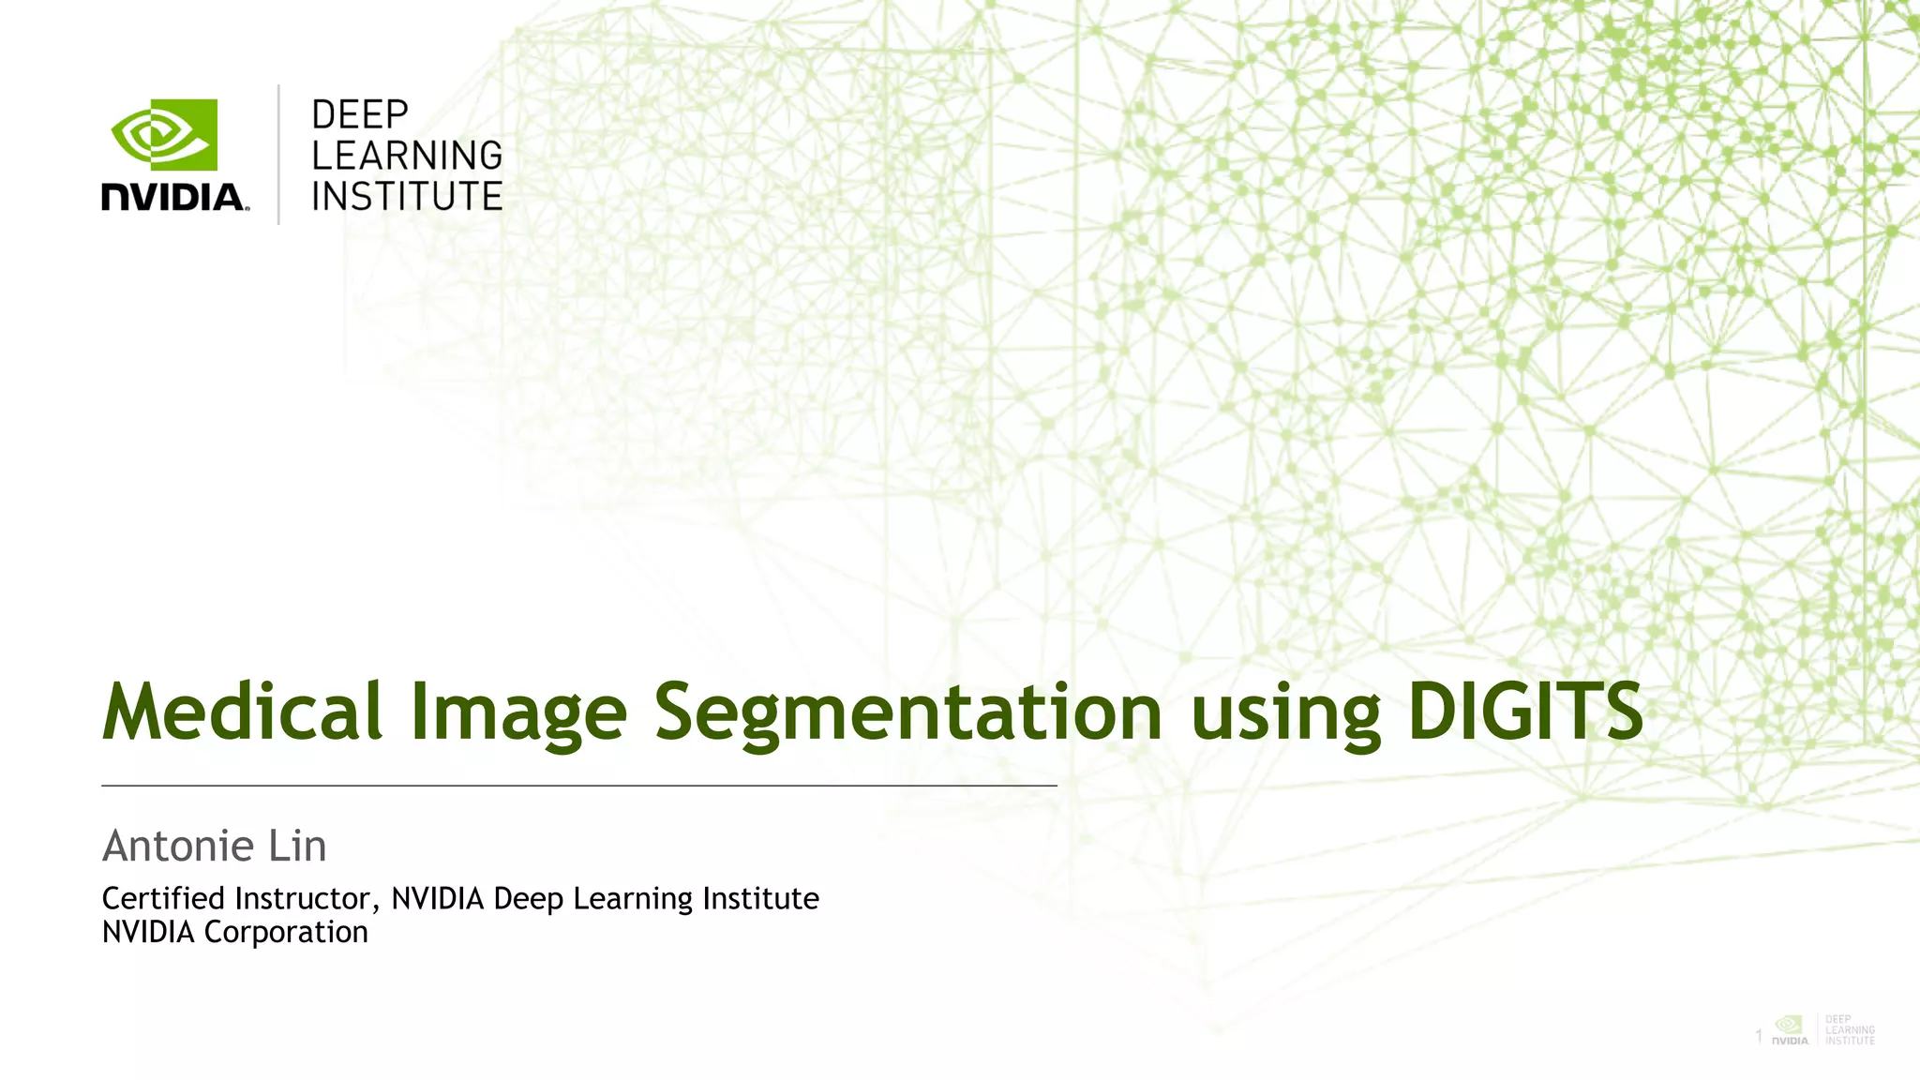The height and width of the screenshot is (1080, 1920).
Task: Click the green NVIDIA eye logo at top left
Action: click(164, 135)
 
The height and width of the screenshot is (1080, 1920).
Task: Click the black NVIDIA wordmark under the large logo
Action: click(174, 198)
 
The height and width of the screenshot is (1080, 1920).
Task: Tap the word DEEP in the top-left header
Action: click(360, 115)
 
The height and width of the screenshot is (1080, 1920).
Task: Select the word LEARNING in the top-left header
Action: click(407, 156)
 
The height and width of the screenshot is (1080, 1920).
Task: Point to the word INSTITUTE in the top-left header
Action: click(407, 197)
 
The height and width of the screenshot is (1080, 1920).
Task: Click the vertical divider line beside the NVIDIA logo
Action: click(278, 155)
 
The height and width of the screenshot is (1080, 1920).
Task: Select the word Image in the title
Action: click(518, 712)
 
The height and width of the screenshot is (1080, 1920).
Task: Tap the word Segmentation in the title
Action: click(907, 712)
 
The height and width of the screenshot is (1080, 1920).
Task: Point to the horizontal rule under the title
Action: click(578, 786)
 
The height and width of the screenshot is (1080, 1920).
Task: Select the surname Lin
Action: click(297, 847)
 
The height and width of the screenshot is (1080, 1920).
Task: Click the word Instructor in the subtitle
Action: click(306, 899)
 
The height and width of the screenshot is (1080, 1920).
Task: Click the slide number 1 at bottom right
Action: click(1759, 1036)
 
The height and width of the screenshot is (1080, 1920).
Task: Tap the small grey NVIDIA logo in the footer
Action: click(1790, 1029)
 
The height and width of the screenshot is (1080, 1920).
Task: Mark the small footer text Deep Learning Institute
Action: click(1850, 1029)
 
